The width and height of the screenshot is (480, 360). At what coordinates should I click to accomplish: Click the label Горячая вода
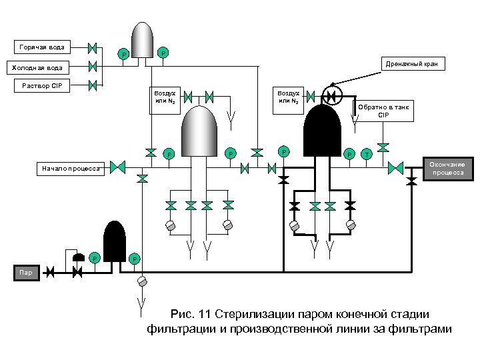pos(42,47)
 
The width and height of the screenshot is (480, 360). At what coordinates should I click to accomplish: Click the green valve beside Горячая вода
pos(93,48)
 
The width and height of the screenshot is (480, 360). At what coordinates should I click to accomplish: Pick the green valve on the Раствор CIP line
pos(93,85)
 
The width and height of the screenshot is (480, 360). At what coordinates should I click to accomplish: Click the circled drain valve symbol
pos(330,95)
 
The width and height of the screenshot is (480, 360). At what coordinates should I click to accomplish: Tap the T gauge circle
pos(366,155)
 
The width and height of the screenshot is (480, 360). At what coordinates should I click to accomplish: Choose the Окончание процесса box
pos(447,168)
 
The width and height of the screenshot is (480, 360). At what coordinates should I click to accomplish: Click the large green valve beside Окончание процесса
pos(396,167)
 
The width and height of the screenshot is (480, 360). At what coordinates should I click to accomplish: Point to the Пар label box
pos(25,272)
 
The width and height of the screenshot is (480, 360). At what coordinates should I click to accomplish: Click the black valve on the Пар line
pos(77,272)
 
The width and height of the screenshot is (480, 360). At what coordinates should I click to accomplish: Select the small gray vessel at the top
pos(141,40)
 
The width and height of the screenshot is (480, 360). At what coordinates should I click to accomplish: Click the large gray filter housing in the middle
pos(202,130)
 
